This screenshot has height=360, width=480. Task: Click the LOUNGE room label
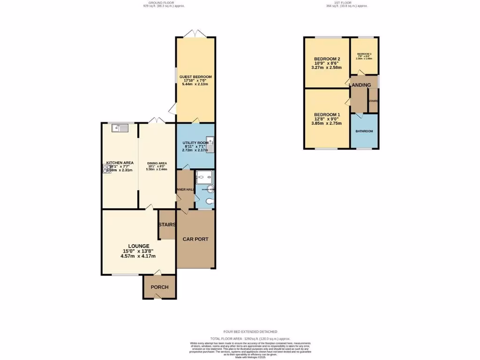pos(139,246)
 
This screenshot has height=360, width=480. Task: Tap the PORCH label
pos(159,287)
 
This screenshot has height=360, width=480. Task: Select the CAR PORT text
pos(195,239)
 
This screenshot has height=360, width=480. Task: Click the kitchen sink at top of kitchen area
pos(117,127)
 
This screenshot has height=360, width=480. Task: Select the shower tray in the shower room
pos(205,177)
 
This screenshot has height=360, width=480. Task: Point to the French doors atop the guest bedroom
pos(195,34)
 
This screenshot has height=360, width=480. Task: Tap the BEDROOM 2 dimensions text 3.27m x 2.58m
pos(327,67)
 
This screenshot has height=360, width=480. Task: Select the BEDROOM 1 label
pos(327,115)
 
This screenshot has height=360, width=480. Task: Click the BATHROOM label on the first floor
pos(364,131)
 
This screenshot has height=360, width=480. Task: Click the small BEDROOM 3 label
pos(364,54)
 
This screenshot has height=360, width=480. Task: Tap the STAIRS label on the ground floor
pos(167,225)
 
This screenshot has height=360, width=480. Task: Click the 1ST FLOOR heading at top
pos(347,3)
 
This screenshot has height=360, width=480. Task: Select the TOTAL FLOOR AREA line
pos(250,338)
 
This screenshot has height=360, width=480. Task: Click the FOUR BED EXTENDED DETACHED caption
pos(250,331)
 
